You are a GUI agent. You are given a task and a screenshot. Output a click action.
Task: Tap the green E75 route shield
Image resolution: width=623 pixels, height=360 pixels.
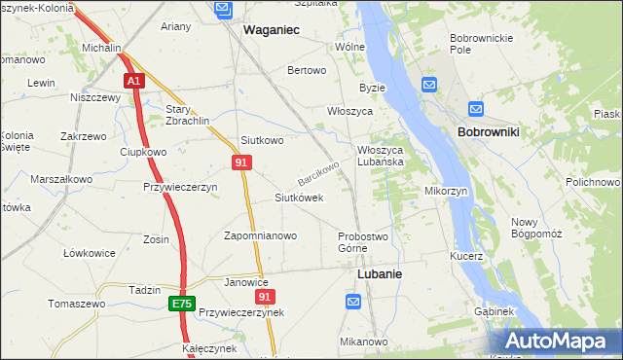pos(181,304)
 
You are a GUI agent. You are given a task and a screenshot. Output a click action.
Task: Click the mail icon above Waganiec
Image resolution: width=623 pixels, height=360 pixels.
pos(223,10)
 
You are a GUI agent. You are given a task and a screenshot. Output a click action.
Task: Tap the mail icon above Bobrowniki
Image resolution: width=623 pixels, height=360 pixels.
pos(475,110)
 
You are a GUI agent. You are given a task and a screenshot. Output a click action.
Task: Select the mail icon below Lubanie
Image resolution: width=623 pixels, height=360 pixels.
pos(354,304)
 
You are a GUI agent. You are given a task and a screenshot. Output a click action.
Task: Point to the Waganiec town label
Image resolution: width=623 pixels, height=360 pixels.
pos(271,30)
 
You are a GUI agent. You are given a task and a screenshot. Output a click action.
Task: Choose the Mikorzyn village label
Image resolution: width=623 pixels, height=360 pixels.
pos(447,191)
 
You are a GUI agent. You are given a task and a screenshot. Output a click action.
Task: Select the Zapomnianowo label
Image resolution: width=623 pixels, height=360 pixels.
pos(260,235)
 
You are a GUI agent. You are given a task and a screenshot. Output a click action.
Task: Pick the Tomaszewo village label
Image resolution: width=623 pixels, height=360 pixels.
pos(77,304)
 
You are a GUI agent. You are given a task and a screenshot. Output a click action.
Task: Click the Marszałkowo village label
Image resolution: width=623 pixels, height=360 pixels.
pos(61,179)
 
